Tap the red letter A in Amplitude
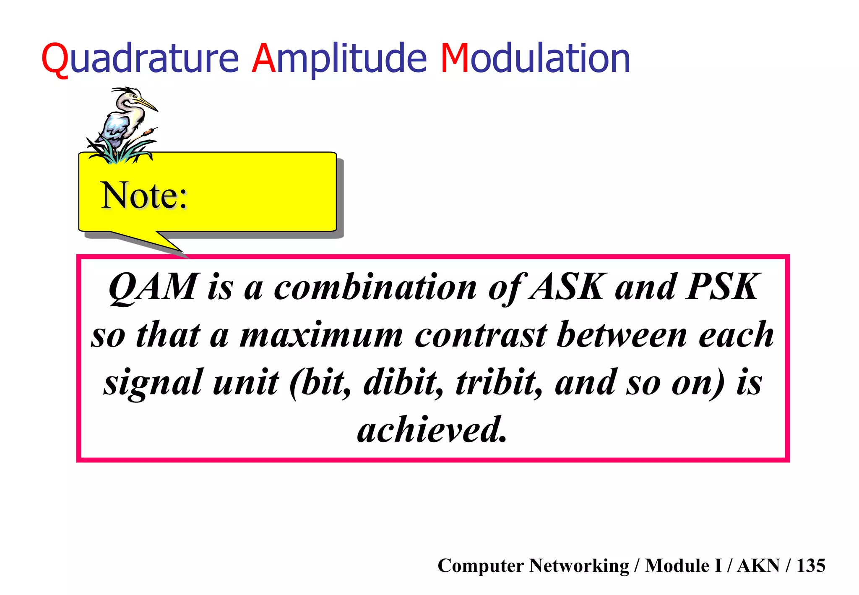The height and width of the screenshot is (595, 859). click(x=263, y=59)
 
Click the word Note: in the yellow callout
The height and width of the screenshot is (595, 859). click(x=144, y=196)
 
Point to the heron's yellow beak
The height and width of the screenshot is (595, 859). click(x=147, y=104)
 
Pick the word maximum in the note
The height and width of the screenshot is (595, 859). click(x=321, y=336)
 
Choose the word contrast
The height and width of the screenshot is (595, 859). click(x=481, y=336)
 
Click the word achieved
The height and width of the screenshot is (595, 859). click(x=432, y=430)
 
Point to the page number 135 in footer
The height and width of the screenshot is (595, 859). click(x=810, y=566)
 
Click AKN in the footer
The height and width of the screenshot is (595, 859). click(x=758, y=566)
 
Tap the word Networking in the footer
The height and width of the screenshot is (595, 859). click(x=579, y=566)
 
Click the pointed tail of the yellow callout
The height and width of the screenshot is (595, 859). click(x=168, y=245)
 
